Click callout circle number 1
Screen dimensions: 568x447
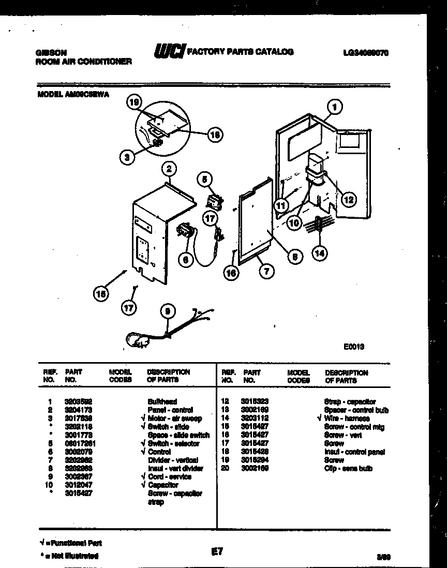[x=335, y=108]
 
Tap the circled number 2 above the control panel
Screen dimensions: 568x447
[x=168, y=168]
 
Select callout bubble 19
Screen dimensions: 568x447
[x=134, y=103]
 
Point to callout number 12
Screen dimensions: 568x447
[x=349, y=199]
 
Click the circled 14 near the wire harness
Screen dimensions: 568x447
[x=320, y=253]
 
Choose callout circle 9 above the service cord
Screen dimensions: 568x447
[x=166, y=311]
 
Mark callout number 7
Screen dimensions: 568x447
[x=267, y=271]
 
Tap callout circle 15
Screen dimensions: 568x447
[x=101, y=294]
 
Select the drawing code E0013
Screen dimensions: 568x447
[x=354, y=347]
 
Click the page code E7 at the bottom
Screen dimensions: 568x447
[x=217, y=552]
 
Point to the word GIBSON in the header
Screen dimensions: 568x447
[x=51, y=53]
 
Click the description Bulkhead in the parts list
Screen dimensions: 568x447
[x=162, y=401]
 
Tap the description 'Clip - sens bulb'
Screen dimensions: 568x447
[x=348, y=468]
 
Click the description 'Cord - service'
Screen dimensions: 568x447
[x=169, y=476]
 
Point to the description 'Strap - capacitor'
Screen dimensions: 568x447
[x=350, y=401]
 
